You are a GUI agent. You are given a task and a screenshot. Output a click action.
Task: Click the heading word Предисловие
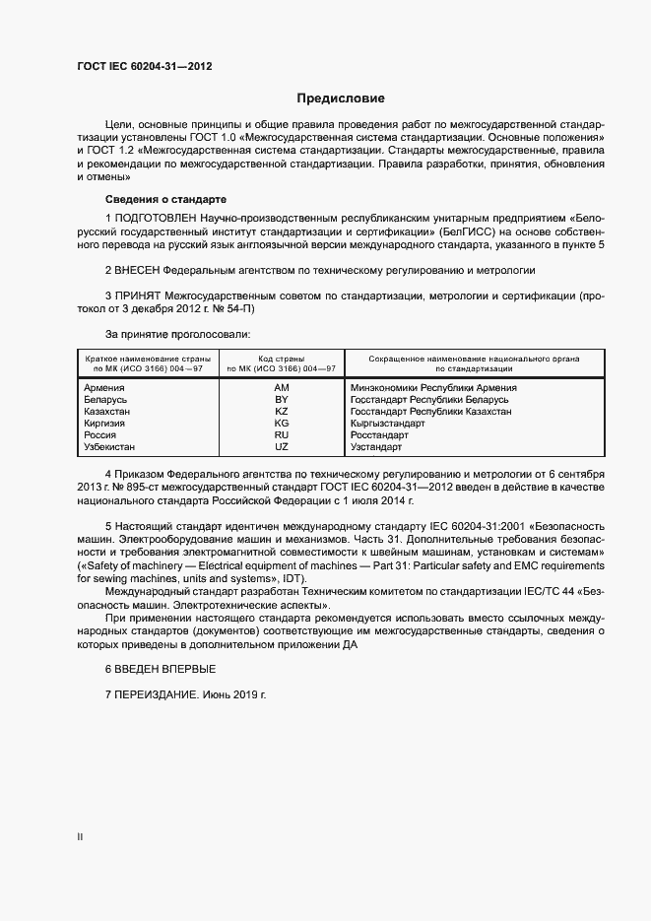[x=342, y=99]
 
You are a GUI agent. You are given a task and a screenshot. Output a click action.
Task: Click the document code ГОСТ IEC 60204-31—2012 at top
[x=144, y=67]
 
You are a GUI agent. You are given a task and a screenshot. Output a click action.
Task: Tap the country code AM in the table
[x=281, y=388]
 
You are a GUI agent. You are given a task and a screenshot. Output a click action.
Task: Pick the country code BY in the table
[x=281, y=400]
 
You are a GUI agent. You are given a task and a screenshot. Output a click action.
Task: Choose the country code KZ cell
[x=281, y=412]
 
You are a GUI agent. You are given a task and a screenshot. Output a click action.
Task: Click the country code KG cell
[x=281, y=424]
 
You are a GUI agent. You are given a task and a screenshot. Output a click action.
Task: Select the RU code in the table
[x=281, y=435]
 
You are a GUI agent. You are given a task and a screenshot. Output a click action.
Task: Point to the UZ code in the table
[x=281, y=447]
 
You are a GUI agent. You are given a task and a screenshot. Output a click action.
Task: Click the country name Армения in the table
[x=105, y=388]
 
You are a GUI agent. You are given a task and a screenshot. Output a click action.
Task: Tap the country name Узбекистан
[x=112, y=447]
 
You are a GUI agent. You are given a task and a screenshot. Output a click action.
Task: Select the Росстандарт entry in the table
[x=379, y=435]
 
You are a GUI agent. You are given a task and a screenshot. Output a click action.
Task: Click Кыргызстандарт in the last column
[x=388, y=424]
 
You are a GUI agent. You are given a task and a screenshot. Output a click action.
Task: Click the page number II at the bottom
[x=80, y=837]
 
